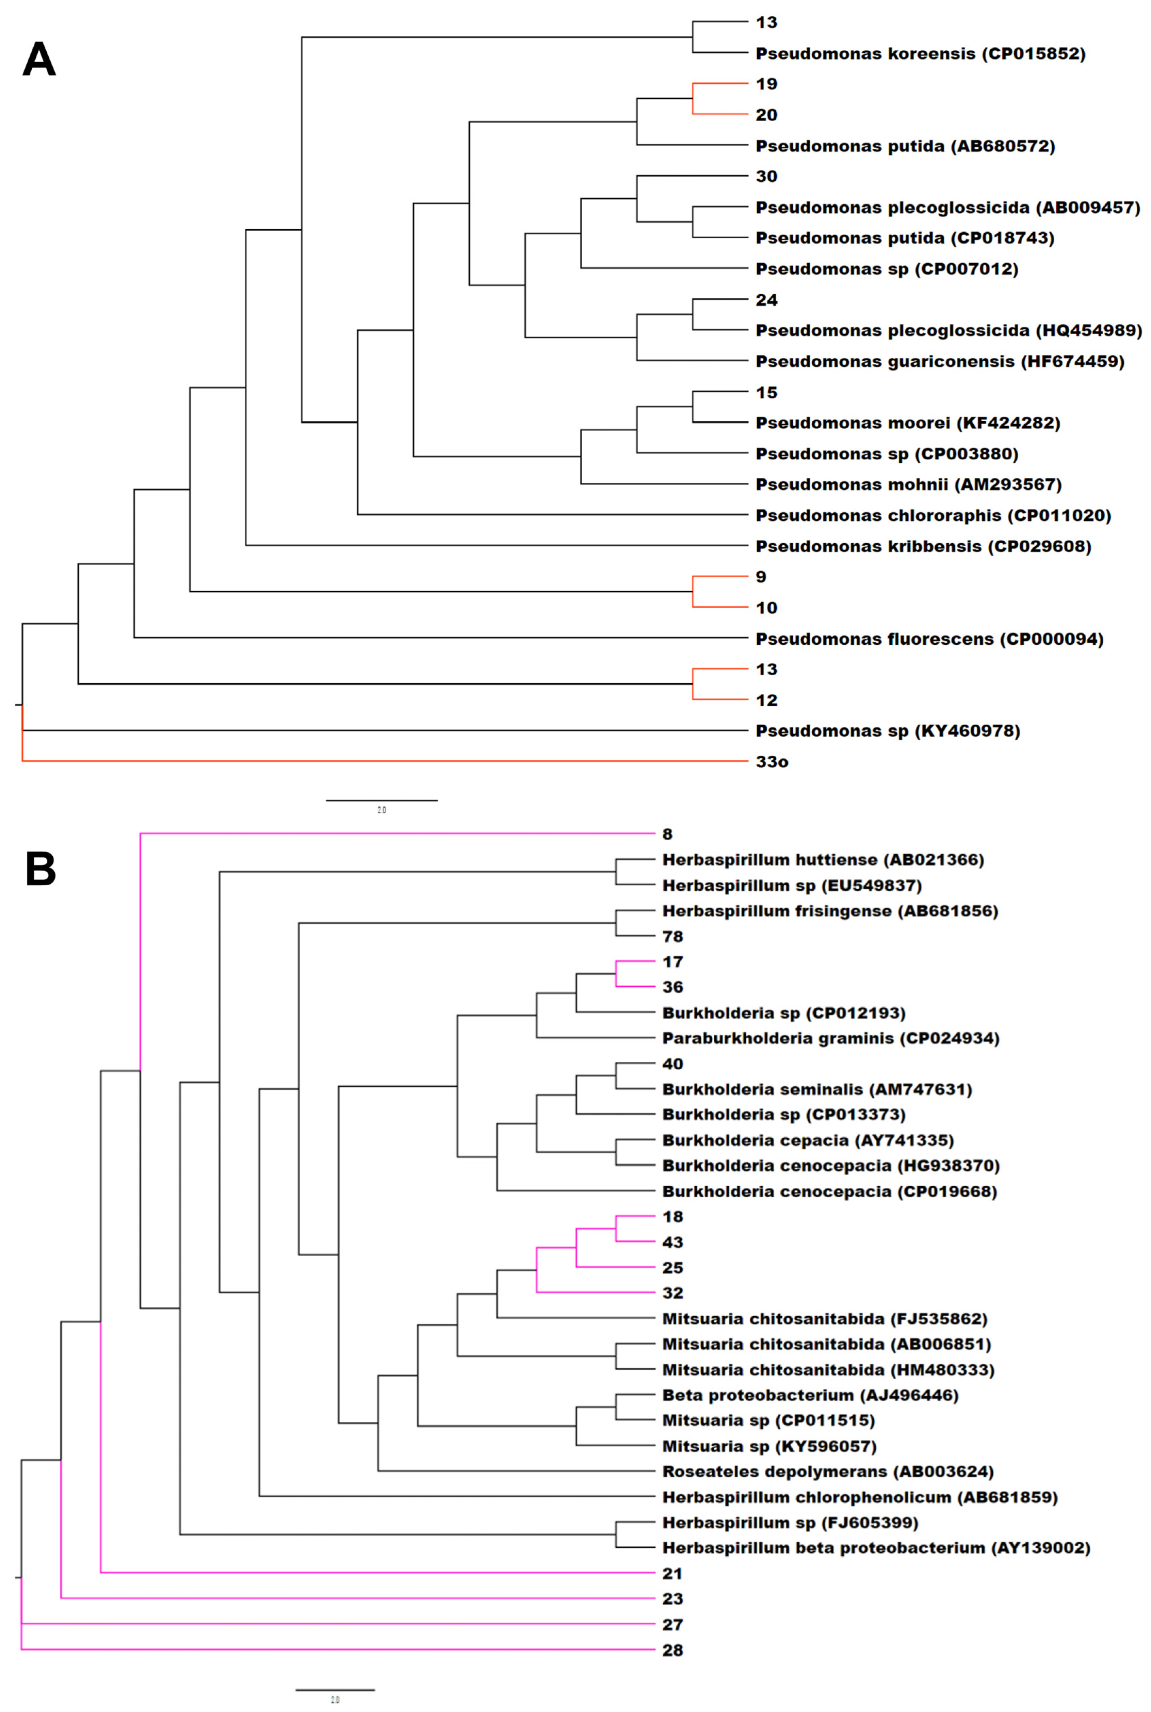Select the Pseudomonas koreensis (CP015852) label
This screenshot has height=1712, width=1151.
(x=920, y=53)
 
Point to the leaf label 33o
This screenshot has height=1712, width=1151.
(x=772, y=762)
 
